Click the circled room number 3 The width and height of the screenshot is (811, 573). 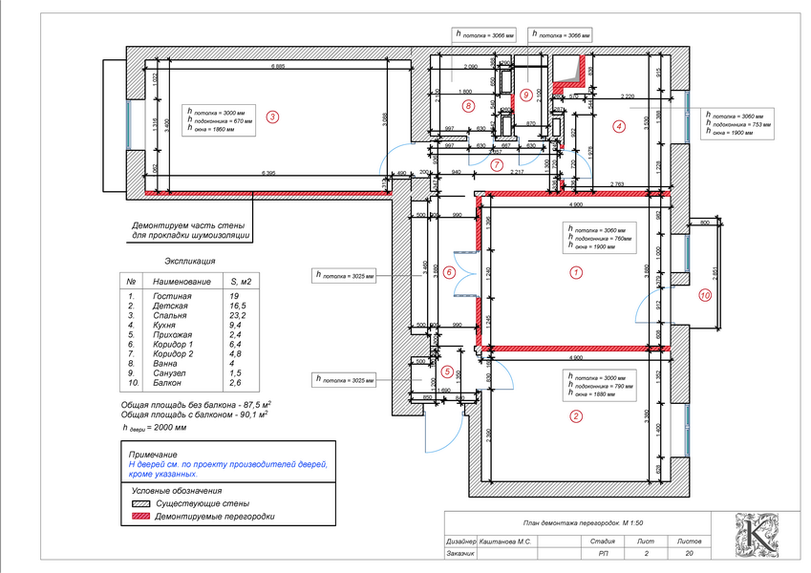pyautogui.click(x=272, y=118)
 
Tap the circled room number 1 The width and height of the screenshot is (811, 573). pyautogui.click(x=575, y=272)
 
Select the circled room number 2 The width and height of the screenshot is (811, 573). pyautogui.click(x=575, y=416)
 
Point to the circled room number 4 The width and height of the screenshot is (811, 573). pyautogui.click(x=619, y=125)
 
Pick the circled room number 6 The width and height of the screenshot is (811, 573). pyautogui.click(x=449, y=273)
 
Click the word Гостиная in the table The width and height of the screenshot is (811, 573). pyautogui.click(x=173, y=297)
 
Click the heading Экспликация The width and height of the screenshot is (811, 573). pyautogui.click(x=190, y=260)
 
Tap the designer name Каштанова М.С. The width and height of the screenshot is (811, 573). pyautogui.click(x=506, y=541)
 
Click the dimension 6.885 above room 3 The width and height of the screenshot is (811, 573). pyautogui.click(x=278, y=66)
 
